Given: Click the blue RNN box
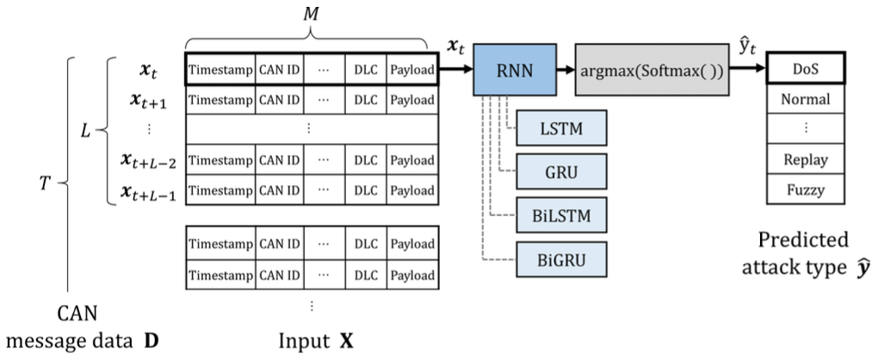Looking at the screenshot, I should [x=515, y=69].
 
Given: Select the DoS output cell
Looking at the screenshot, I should [x=805, y=69].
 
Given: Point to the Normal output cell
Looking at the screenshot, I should [x=805, y=99].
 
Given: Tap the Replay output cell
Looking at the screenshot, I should [x=805, y=160].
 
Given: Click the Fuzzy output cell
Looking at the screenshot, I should [x=805, y=190].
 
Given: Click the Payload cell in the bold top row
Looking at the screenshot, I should [x=411, y=69].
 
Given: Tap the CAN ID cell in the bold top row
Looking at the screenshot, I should [x=278, y=69].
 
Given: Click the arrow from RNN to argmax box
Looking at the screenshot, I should [x=566, y=69].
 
